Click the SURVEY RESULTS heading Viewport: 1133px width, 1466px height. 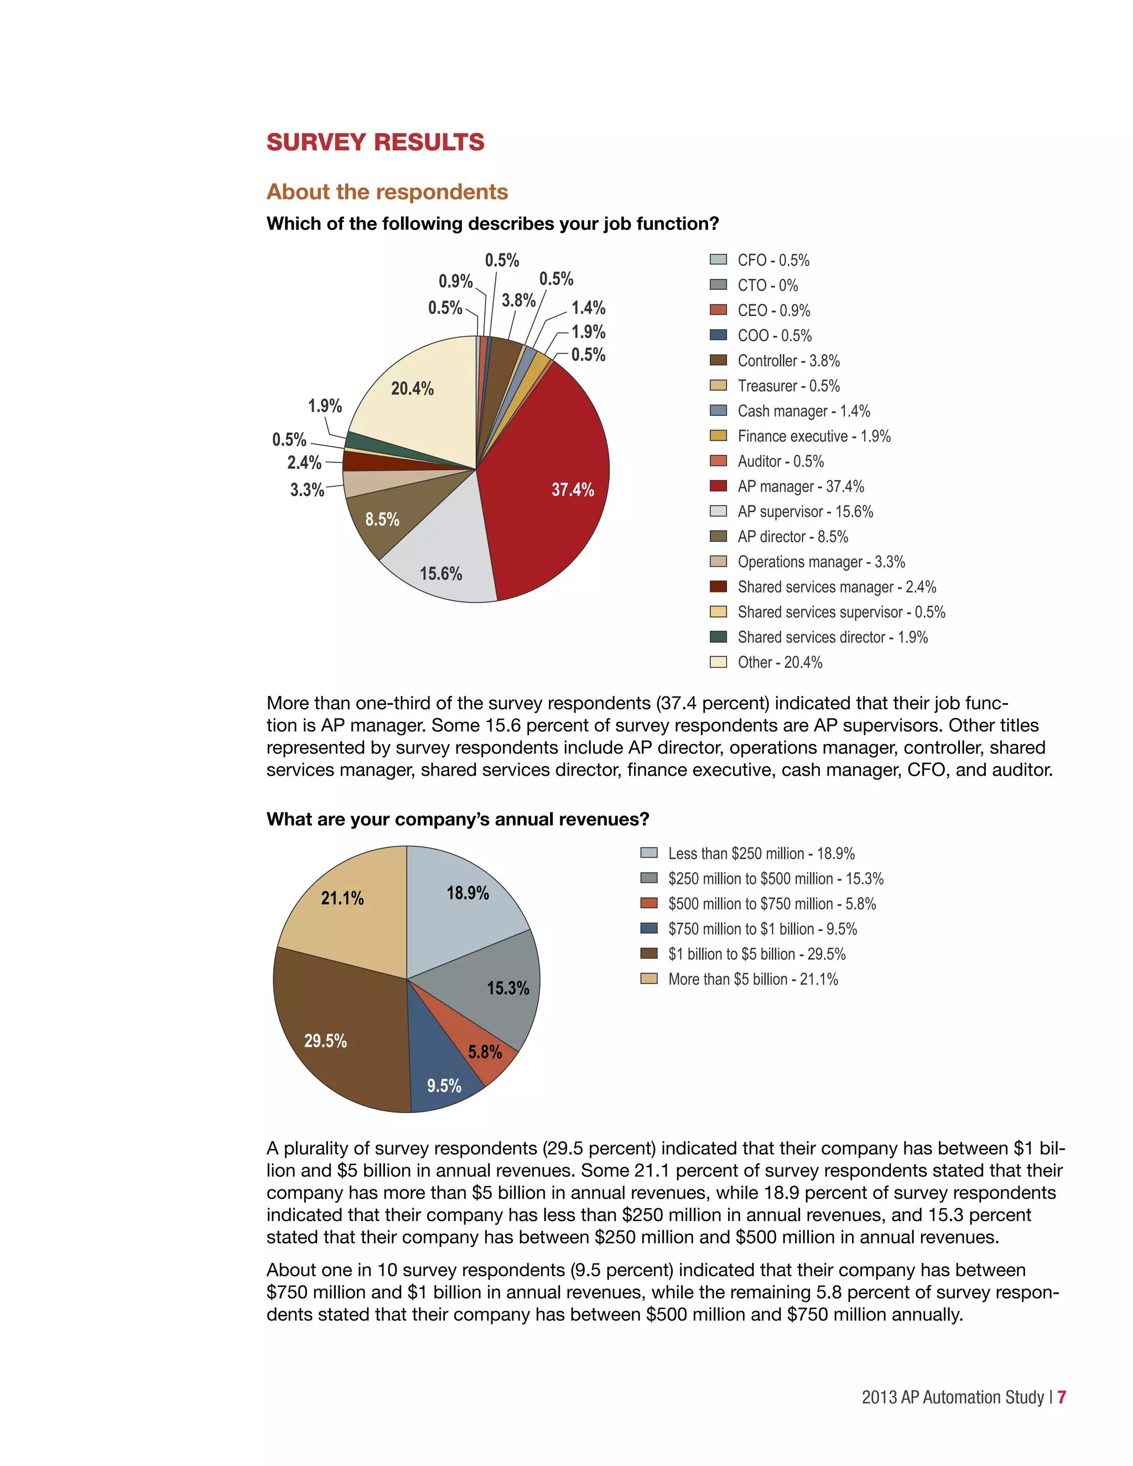(375, 142)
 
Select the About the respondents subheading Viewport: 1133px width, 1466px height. (387, 192)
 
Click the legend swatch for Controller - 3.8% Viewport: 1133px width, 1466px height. (718, 361)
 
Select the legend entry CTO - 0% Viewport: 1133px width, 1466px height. (767, 285)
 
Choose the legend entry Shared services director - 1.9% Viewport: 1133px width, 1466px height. (832, 637)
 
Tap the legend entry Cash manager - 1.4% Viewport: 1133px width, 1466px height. (803, 411)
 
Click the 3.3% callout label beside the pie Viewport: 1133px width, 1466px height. (306, 490)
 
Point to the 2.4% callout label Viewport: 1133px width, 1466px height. (304, 462)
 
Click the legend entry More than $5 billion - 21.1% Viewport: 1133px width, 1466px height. (752, 979)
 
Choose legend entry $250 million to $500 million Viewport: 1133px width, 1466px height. (775, 878)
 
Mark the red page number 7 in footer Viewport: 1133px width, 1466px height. (1061, 1397)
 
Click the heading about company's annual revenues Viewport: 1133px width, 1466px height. (458, 820)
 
